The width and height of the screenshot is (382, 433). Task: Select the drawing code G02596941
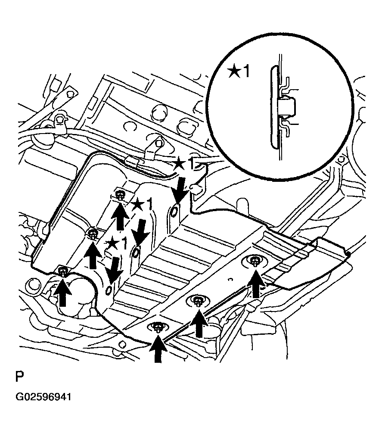(43, 397)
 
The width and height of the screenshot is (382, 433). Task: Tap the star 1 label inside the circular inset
(239, 72)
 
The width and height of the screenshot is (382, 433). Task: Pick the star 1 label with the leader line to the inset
(184, 163)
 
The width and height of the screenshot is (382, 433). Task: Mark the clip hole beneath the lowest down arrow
(109, 290)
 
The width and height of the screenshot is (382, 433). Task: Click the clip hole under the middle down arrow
(136, 252)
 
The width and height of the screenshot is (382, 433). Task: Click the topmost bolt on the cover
(120, 196)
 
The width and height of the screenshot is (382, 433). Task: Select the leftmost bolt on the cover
(63, 272)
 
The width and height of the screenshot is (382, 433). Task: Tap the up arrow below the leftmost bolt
(62, 293)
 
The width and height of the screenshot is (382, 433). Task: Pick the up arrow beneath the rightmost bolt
(256, 284)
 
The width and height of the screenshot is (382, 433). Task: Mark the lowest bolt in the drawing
(158, 328)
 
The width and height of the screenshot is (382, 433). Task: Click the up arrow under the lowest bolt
(158, 349)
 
